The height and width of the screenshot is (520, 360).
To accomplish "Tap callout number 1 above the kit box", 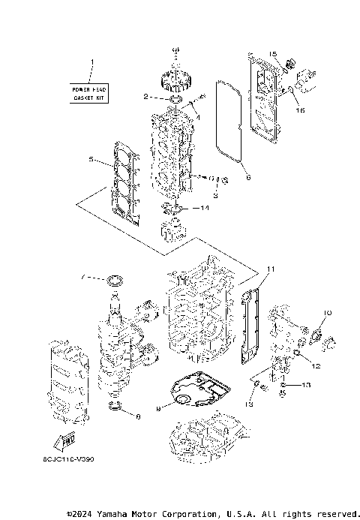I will (x=92, y=62).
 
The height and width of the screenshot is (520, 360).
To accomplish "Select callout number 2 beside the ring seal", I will (x=146, y=97).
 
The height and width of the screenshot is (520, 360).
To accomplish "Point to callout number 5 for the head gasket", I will (x=91, y=160).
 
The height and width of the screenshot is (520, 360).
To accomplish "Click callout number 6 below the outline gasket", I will (x=248, y=178).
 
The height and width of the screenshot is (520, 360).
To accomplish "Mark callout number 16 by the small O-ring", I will (x=302, y=110).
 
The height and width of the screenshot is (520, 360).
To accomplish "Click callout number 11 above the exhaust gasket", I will (x=271, y=269).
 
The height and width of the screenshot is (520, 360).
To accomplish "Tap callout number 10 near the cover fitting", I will (x=326, y=311).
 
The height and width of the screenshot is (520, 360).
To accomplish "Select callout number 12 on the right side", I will (x=316, y=366).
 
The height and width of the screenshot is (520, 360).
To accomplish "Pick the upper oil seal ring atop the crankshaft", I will (x=115, y=281).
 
